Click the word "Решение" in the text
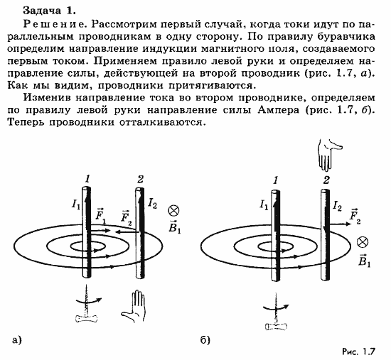(x=32, y=24)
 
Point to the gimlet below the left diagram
(x=86, y=306)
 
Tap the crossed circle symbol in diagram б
(x=363, y=242)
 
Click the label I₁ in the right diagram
(x=264, y=206)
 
